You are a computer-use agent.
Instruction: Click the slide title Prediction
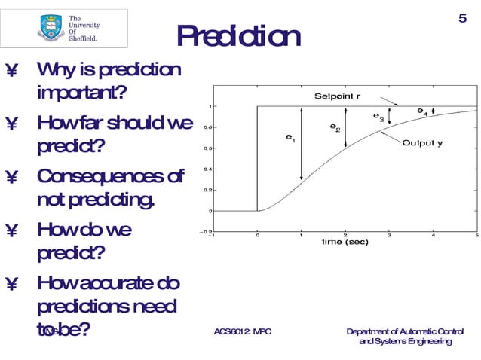[x=238, y=36]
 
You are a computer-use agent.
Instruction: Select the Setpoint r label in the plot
[x=337, y=96]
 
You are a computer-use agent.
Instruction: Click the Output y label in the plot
[x=422, y=143]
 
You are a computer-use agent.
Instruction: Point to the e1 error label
[x=290, y=138]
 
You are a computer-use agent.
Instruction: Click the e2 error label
[x=335, y=128]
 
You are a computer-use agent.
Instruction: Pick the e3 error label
[x=378, y=117]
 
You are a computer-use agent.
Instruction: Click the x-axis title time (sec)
[x=345, y=242]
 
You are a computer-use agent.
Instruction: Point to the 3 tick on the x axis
[x=389, y=235]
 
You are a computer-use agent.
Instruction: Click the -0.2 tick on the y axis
[x=205, y=232]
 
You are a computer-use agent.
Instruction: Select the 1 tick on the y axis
[x=209, y=106]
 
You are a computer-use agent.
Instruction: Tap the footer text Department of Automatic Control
[x=405, y=331]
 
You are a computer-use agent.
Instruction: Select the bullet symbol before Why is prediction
[x=11, y=70]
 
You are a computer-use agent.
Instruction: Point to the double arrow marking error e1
[x=301, y=144]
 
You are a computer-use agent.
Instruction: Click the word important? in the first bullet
[x=81, y=94]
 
